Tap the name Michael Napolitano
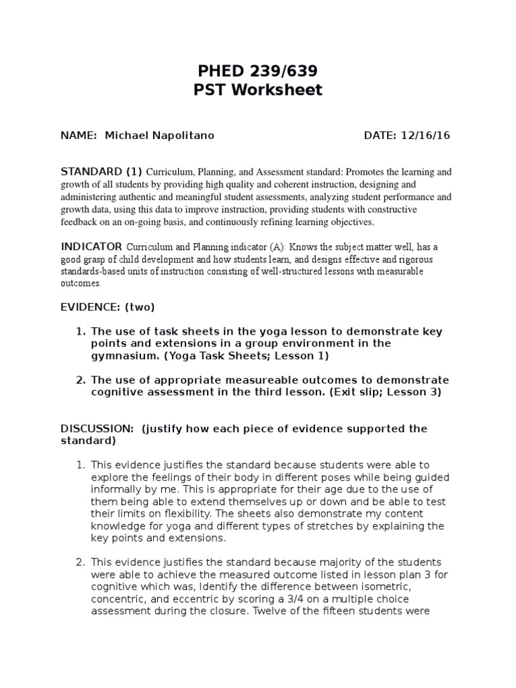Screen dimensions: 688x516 point(160,136)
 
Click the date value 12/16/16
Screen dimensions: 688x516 point(426,136)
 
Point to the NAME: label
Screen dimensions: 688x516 point(79,136)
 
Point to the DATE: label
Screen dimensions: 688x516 point(381,136)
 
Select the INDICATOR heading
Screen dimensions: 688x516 point(91,247)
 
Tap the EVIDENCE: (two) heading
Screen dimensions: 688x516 point(107,307)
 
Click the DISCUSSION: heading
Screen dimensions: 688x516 point(98,429)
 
